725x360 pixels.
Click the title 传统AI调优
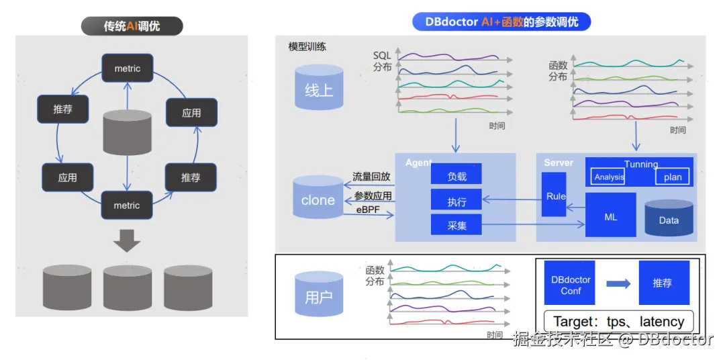click(x=132, y=26)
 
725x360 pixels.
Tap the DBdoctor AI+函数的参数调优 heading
click(x=501, y=21)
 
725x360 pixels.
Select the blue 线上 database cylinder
click(x=318, y=89)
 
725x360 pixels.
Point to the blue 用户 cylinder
click(x=318, y=296)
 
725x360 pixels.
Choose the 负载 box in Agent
click(x=456, y=177)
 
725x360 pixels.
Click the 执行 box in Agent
click(x=456, y=201)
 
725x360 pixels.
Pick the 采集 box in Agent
click(x=456, y=225)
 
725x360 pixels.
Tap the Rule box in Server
click(x=555, y=195)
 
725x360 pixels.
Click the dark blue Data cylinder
click(x=669, y=219)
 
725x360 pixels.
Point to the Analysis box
click(x=609, y=177)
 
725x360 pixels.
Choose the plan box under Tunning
click(x=672, y=177)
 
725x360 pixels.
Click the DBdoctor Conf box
click(x=570, y=284)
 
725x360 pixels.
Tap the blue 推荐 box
click(x=663, y=283)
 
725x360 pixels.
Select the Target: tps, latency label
click(x=618, y=321)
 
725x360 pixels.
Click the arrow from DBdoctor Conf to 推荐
click(x=618, y=283)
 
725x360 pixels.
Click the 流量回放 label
click(x=371, y=177)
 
